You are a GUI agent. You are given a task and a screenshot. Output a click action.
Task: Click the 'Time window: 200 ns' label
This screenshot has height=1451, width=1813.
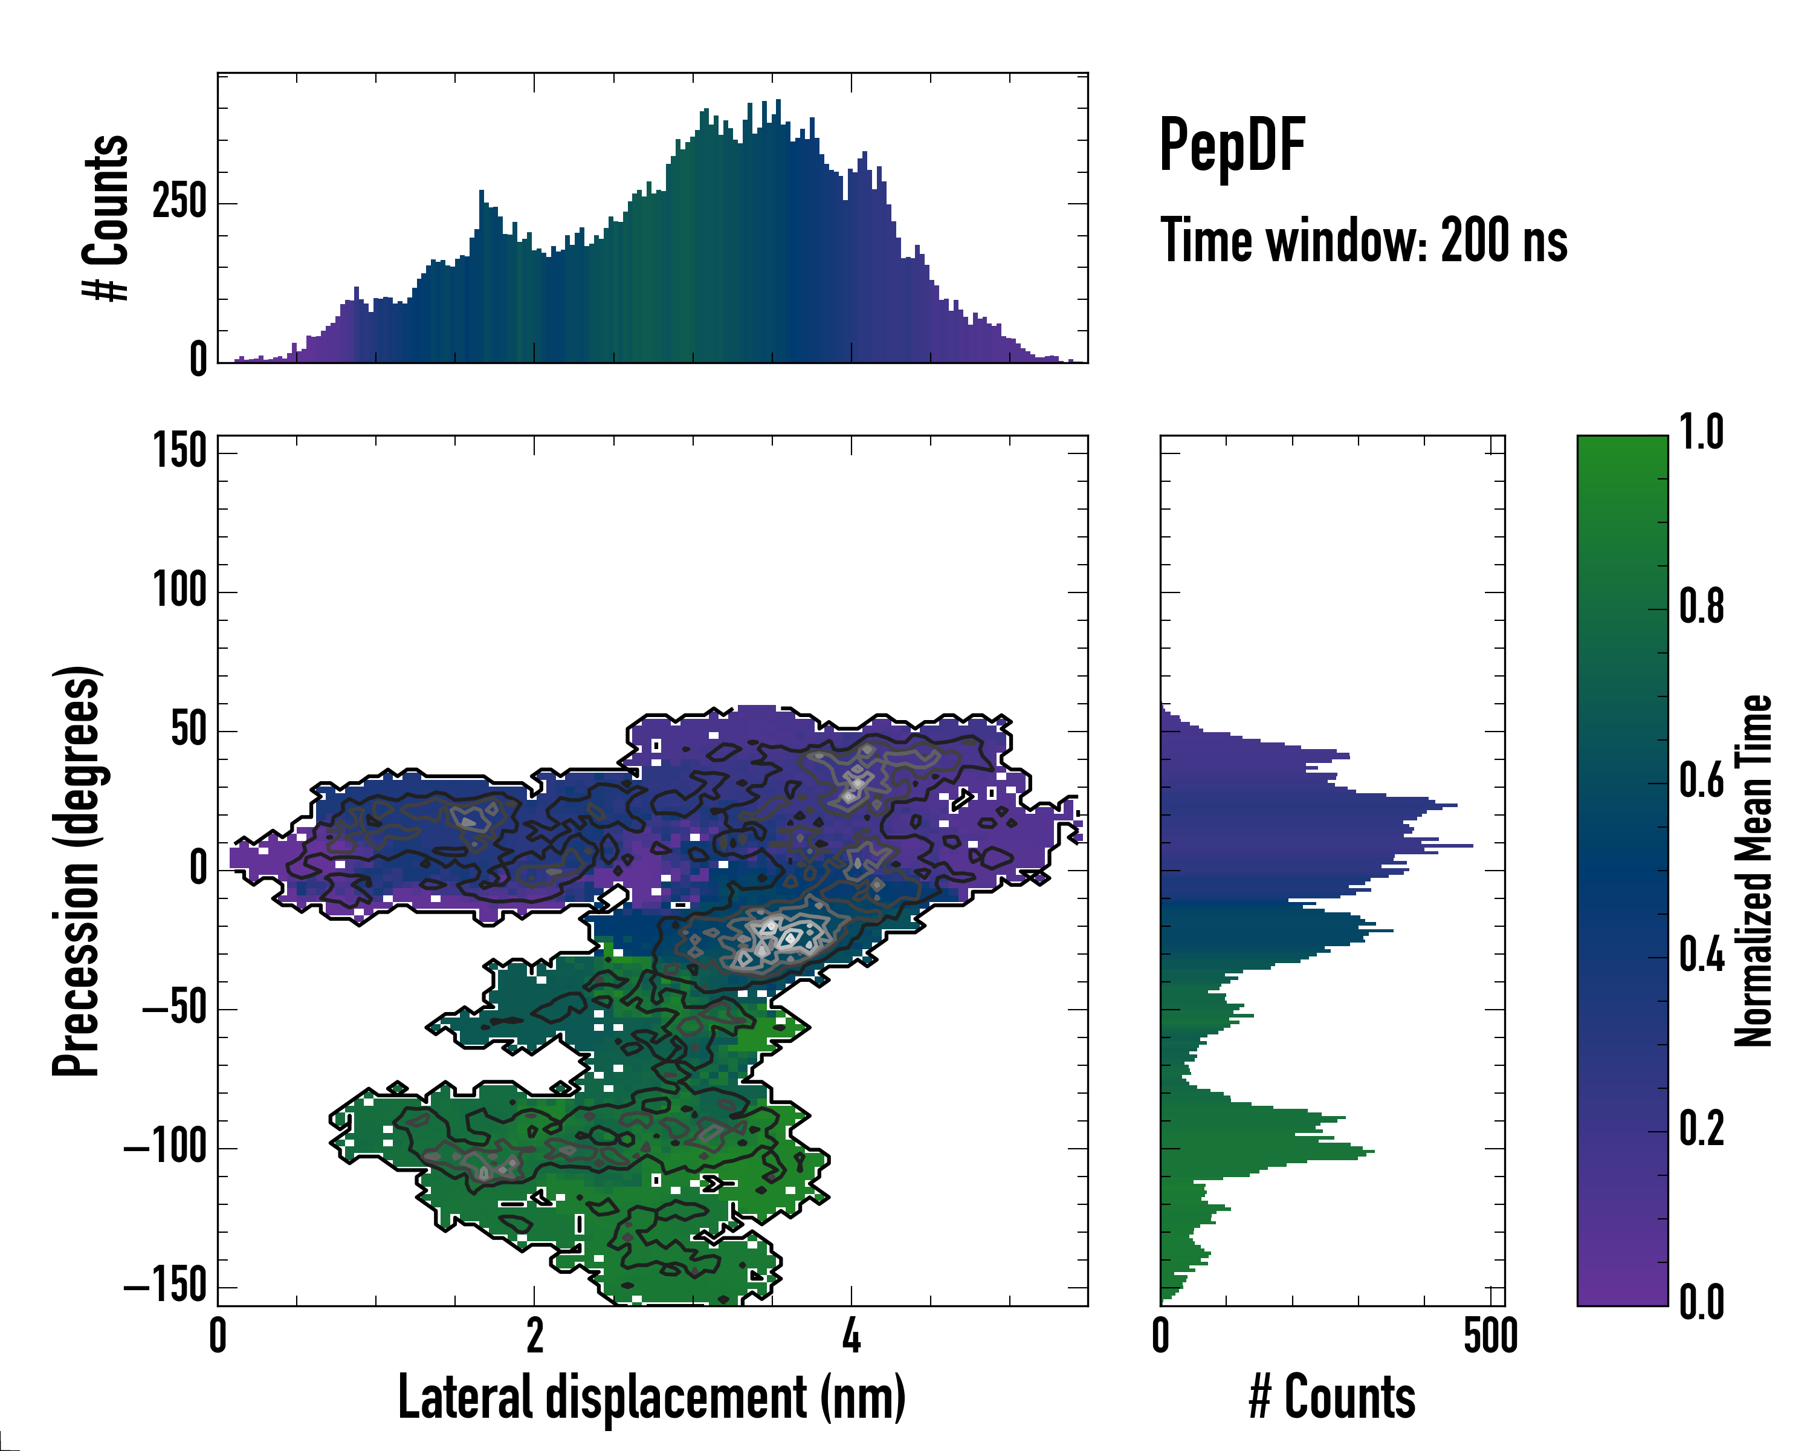click(1363, 241)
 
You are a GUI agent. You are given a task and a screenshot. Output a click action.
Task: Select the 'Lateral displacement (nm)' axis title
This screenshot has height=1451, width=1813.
click(651, 1397)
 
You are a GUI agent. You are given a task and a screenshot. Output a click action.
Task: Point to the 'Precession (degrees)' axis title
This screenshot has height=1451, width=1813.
click(77, 871)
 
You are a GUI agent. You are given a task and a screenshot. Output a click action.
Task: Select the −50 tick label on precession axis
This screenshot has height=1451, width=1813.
click(175, 1008)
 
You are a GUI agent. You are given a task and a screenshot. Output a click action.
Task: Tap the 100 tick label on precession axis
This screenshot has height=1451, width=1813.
click(179, 591)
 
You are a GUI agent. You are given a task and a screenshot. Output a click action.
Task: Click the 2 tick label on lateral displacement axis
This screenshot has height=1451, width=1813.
click(535, 1336)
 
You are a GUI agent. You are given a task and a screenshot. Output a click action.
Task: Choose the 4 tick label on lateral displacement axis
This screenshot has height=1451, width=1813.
click(852, 1336)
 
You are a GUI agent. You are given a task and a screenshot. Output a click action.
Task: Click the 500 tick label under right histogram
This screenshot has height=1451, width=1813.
click(1490, 1336)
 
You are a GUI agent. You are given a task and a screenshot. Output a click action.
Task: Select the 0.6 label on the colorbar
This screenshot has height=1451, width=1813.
click(1701, 781)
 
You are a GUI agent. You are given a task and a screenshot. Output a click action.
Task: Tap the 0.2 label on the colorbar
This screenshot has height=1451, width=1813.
click(1701, 1129)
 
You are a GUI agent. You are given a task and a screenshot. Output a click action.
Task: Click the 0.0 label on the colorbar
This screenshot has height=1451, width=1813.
click(1701, 1302)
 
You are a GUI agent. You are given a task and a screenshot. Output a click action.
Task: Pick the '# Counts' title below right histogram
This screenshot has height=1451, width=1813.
click(1332, 1397)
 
